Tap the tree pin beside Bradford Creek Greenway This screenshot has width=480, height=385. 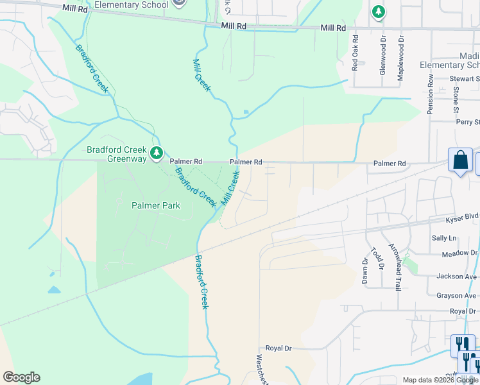(157, 153)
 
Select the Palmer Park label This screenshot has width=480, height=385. (156, 206)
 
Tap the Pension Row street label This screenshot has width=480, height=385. (431, 93)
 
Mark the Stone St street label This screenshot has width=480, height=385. (456, 92)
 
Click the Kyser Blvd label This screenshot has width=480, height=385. (462, 219)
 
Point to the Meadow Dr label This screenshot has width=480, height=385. (459, 254)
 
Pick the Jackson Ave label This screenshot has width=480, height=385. (456, 276)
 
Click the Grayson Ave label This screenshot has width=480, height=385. (456, 296)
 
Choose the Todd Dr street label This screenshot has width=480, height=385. (379, 258)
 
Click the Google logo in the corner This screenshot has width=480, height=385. (21, 377)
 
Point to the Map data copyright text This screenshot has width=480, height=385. (440, 380)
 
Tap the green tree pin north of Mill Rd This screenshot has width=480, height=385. (379, 12)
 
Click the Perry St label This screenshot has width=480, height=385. (467, 122)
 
